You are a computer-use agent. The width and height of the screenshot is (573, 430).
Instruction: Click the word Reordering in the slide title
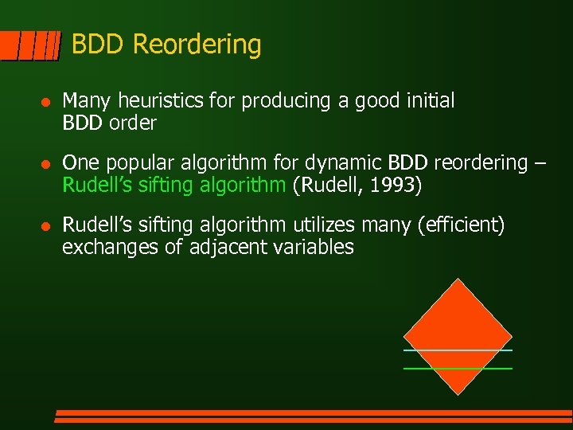point(197,45)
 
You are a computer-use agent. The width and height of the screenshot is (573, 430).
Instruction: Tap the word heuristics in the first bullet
point(164,101)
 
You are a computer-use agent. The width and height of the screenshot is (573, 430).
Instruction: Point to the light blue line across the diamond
point(458,350)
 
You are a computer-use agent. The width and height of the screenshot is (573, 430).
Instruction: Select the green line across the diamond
point(458,369)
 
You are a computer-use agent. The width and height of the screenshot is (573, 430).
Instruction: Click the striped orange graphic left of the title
point(30,46)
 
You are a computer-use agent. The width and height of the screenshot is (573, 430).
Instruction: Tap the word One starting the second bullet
point(77,163)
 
